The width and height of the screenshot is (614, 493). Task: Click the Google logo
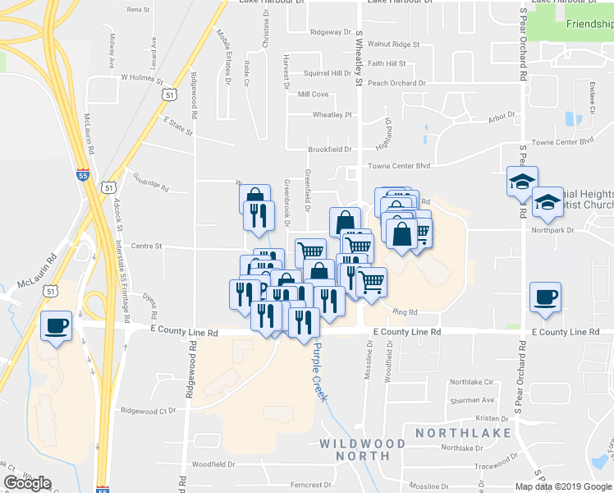27,483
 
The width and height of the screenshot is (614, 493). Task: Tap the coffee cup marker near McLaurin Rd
56,326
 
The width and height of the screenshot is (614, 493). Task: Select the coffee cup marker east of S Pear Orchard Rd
544,297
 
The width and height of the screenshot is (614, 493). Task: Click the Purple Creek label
318,371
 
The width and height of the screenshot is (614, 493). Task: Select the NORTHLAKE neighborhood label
463,433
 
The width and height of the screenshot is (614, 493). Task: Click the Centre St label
147,246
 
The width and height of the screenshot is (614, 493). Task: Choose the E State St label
177,126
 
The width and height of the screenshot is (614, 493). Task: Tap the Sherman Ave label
472,400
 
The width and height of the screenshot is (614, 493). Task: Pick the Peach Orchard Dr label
396,83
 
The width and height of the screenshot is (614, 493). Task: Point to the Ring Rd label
406,311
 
